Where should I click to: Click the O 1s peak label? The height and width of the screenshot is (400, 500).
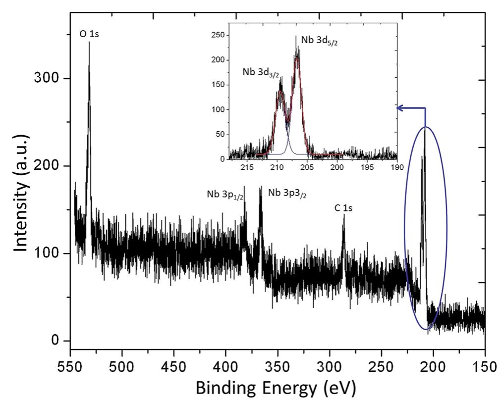[x=90, y=34]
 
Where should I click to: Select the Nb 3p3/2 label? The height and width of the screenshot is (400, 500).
[x=287, y=192]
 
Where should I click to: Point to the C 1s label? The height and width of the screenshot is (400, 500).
[x=343, y=208]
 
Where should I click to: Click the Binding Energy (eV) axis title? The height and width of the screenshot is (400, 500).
[x=276, y=388]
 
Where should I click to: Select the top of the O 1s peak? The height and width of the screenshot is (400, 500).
[x=89, y=43]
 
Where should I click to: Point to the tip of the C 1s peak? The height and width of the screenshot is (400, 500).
[x=344, y=215]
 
